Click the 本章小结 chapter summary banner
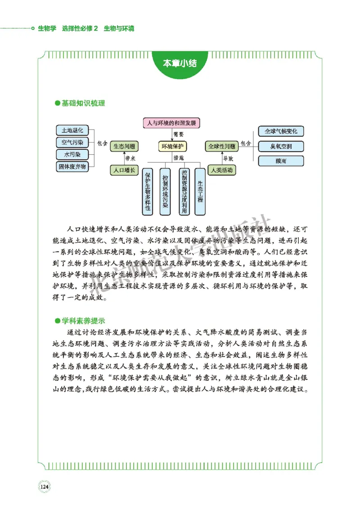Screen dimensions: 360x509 coord(180,63)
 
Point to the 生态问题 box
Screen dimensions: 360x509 coord(124,147)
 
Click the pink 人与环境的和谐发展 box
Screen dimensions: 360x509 coord(171,122)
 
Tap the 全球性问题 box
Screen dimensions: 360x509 coord(221,147)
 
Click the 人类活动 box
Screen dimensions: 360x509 coord(221,170)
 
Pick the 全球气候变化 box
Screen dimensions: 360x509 coord(281,131)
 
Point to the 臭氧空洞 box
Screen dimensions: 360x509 coord(281,146)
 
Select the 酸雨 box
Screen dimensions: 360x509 coord(281,161)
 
